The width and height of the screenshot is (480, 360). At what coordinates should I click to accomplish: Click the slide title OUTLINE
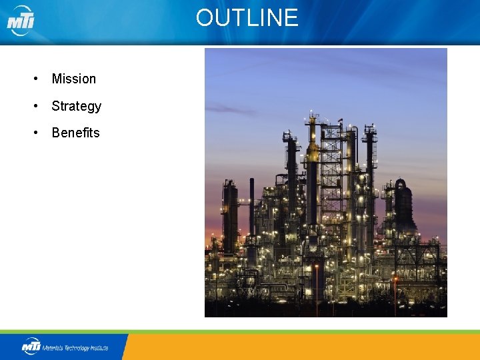click(247, 17)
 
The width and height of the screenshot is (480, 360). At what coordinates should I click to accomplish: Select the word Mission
click(73, 79)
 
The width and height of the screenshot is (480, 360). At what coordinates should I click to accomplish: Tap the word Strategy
click(76, 106)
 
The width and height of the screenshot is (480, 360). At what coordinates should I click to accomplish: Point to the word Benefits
click(75, 133)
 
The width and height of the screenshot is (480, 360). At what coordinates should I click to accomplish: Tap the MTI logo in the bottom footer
click(31, 346)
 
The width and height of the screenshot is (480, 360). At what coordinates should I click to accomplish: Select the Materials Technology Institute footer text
click(75, 347)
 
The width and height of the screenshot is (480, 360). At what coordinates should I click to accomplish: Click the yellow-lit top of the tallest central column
click(311, 150)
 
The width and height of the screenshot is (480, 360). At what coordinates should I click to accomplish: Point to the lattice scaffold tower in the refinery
click(331, 180)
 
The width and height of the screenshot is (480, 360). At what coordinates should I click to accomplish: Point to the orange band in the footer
click(300, 347)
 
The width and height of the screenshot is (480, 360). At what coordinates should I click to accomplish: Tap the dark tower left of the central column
click(290, 173)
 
